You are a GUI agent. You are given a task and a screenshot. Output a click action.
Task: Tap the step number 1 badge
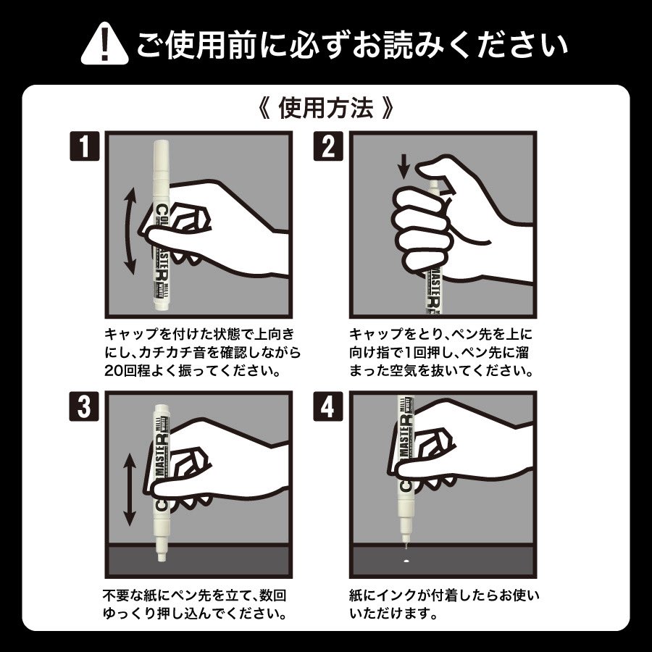pyautogui.click(x=86, y=147)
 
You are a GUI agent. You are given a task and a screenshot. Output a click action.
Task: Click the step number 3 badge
pyautogui.click(x=86, y=409)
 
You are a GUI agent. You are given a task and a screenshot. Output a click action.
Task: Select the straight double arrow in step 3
pyautogui.click(x=129, y=490)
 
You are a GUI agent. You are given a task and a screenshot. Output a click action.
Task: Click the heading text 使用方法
pyautogui.click(x=325, y=109)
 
